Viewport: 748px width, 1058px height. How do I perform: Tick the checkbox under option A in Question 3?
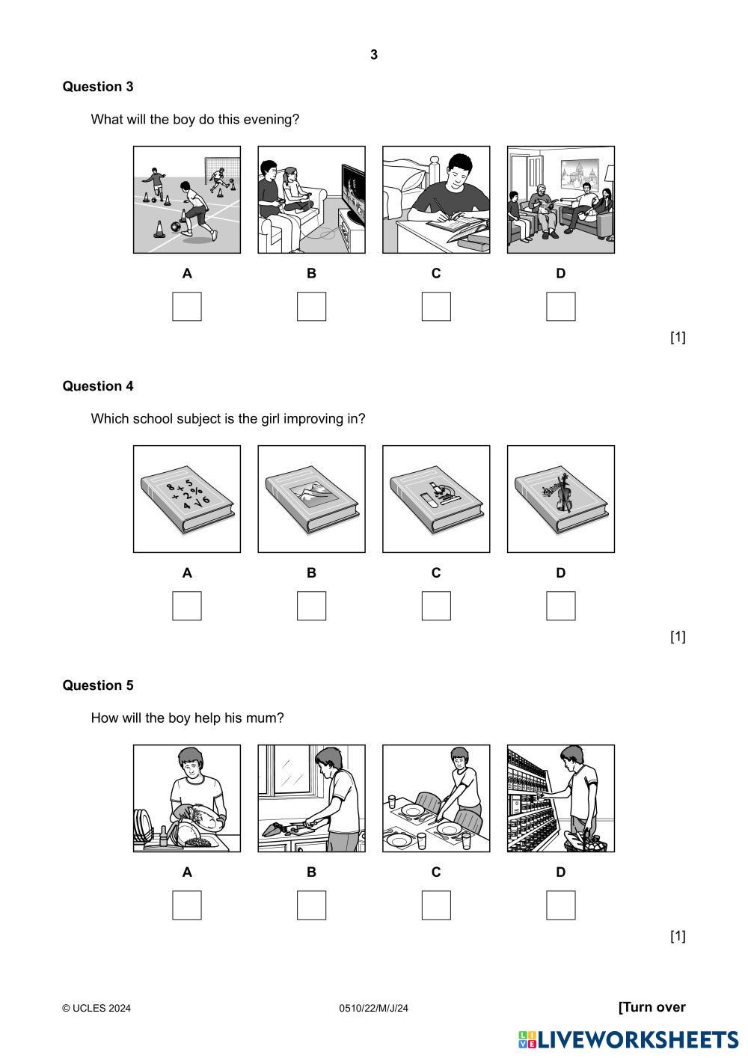coord(187,307)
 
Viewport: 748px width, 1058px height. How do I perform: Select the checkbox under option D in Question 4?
coord(561,606)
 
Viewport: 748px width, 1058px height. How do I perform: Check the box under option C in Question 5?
coord(436,905)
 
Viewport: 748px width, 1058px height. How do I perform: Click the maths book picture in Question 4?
coord(187,499)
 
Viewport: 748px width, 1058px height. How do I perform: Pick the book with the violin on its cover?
coord(561,499)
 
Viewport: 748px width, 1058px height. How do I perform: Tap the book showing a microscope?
coord(436,499)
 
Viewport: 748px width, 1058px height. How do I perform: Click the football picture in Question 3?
coord(187,200)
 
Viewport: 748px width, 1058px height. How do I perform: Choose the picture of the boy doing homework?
coord(436,200)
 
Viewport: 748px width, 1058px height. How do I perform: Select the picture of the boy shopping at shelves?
coord(561,798)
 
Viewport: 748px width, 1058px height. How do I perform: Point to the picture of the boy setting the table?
coord(436,798)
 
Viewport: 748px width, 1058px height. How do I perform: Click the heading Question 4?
coord(98,386)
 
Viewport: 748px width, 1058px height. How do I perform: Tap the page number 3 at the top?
coord(374,55)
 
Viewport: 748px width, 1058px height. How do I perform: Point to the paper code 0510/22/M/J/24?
coord(374,1009)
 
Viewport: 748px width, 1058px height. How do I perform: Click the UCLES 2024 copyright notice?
coord(96,1009)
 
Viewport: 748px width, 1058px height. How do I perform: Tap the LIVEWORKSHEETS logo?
coord(628,1039)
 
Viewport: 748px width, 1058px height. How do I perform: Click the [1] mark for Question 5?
coord(678,936)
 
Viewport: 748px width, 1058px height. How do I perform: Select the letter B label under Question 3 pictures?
coord(311,274)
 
